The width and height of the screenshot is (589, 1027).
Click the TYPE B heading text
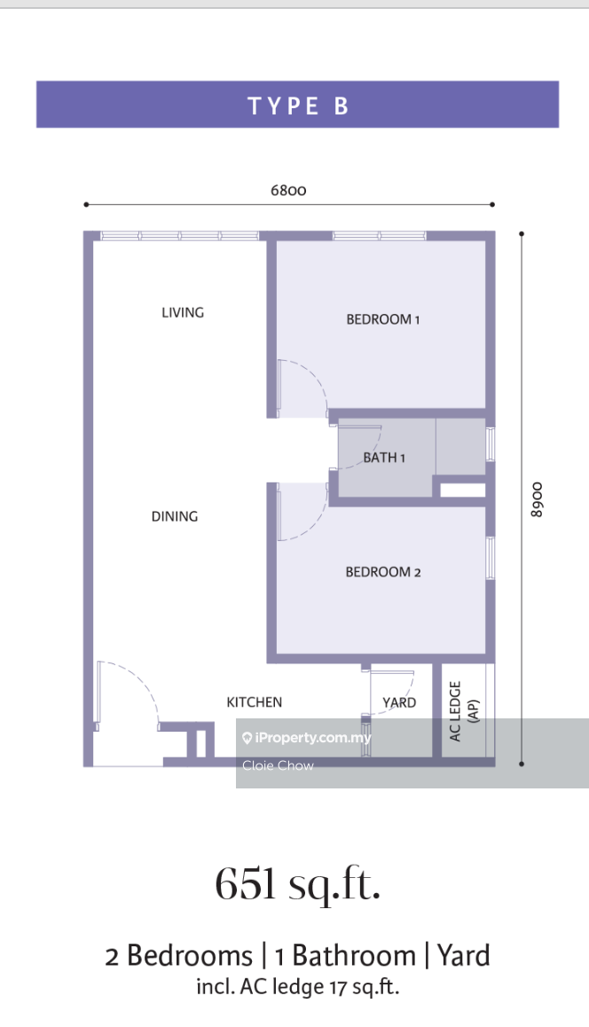[x=297, y=106]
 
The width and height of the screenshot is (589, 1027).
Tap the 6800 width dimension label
[x=288, y=190]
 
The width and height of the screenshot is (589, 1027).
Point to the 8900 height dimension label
[x=537, y=499]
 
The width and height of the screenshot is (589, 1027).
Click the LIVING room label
[x=183, y=312]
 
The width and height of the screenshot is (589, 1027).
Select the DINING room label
[x=174, y=516]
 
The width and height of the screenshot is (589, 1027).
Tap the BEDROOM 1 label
[x=382, y=319]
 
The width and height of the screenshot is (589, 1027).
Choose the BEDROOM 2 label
[x=383, y=572]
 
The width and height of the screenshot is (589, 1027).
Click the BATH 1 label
[x=385, y=457]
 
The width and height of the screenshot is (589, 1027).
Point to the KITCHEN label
[x=255, y=702]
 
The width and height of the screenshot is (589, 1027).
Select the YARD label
[x=399, y=702]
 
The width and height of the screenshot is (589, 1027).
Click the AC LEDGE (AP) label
[x=464, y=710]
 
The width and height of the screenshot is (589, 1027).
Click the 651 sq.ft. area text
[x=298, y=885]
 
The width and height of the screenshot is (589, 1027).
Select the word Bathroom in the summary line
[x=354, y=956]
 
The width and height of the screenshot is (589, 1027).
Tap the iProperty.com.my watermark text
[x=306, y=738]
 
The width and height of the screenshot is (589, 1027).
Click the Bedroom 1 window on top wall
[x=380, y=236]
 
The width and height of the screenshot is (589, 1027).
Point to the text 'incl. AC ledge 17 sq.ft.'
[x=297, y=986]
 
